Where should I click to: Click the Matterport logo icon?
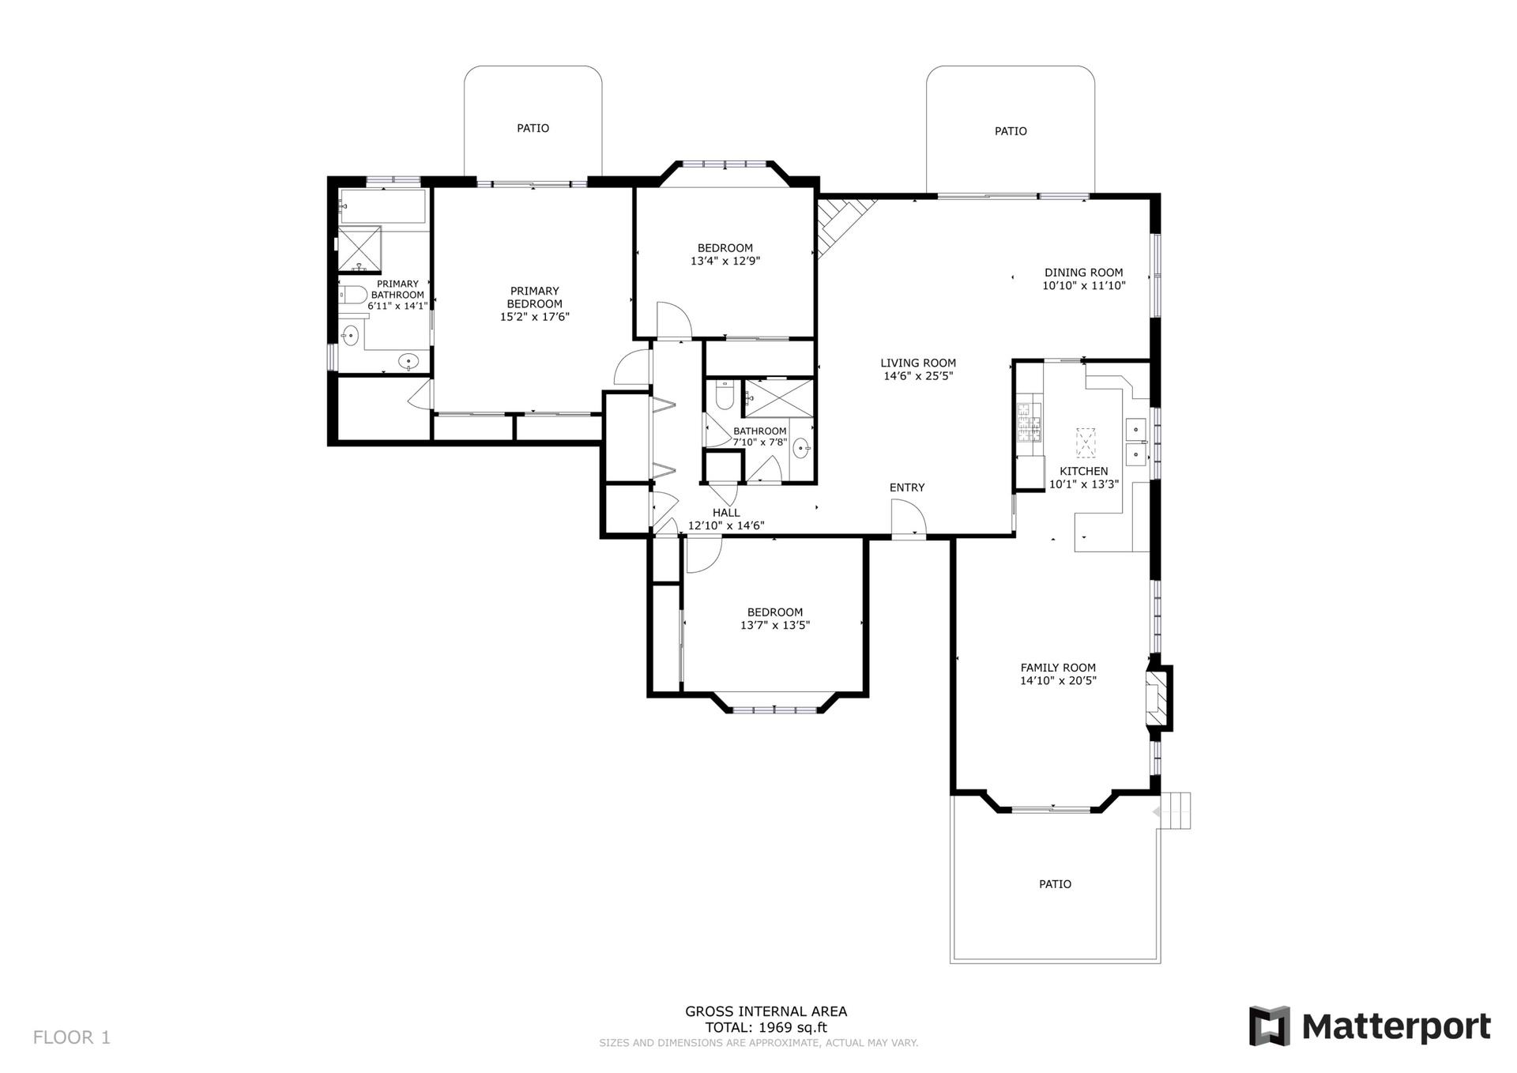tap(1269, 1026)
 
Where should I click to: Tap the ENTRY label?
tap(907, 488)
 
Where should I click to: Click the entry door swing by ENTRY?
tap(909, 518)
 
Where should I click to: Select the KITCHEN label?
tap(1084, 471)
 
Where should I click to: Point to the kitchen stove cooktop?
tap(1030, 422)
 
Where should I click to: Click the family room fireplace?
tap(1158, 698)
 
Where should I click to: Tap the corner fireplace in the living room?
tap(843, 224)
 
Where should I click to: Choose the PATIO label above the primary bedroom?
tap(533, 128)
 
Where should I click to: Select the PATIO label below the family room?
tap(1055, 884)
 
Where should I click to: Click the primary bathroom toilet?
tap(355, 296)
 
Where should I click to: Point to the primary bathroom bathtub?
tap(383, 207)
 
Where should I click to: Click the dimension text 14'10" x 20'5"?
tap(1058, 680)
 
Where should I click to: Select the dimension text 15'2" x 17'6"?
tap(535, 317)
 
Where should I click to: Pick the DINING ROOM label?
tap(1083, 273)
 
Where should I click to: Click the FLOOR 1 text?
tap(72, 1037)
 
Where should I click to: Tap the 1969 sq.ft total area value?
tap(792, 1028)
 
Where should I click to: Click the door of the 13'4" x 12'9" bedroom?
tap(674, 321)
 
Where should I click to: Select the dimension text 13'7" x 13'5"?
tap(775, 625)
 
